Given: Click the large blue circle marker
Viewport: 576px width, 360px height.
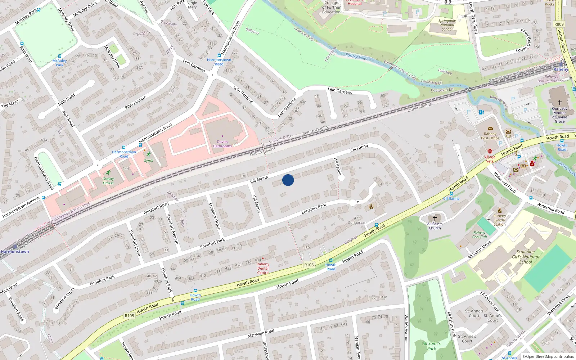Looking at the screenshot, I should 288,180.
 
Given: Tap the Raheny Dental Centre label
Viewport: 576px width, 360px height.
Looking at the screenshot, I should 263,269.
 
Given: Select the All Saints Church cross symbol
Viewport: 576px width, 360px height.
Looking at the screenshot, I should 435,218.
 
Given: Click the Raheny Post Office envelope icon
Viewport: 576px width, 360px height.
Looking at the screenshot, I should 490,129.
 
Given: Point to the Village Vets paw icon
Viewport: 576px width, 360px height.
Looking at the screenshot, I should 490,151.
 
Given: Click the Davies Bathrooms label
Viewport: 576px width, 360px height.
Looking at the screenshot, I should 222,144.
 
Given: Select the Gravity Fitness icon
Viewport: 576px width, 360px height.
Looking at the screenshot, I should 108,173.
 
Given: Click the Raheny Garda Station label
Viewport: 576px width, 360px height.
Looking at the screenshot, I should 499,220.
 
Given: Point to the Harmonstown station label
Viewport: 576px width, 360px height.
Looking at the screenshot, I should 15,252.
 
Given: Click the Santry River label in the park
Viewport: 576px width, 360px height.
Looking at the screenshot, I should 356,56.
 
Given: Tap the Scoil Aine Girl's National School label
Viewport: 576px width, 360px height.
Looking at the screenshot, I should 526,257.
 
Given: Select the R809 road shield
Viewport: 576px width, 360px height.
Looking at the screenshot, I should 559,24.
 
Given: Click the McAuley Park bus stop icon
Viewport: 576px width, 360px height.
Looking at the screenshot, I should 60,56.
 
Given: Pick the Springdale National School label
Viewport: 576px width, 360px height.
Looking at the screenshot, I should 447,25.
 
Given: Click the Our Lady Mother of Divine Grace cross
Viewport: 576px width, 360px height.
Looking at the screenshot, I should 560,103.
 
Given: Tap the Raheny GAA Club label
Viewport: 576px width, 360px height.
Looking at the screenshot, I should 480,235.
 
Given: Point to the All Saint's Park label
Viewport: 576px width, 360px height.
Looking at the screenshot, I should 431,346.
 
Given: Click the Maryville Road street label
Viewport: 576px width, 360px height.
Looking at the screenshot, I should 261,333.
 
